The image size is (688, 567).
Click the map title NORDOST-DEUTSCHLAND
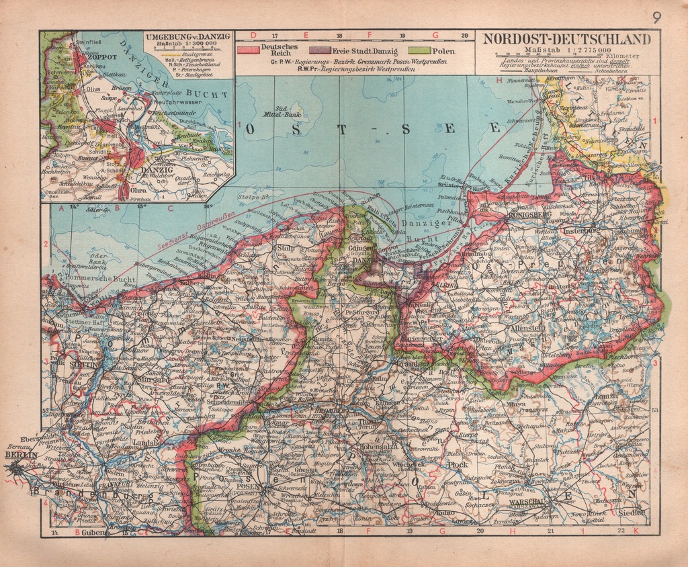click(x=567, y=39)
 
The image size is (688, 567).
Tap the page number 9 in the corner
click(x=656, y=17)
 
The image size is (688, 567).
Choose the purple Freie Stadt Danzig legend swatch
click(x=320, y=50)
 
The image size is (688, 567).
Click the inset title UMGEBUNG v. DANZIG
click(x=187, y=36)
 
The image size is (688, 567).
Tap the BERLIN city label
click(x=18, y=455)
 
